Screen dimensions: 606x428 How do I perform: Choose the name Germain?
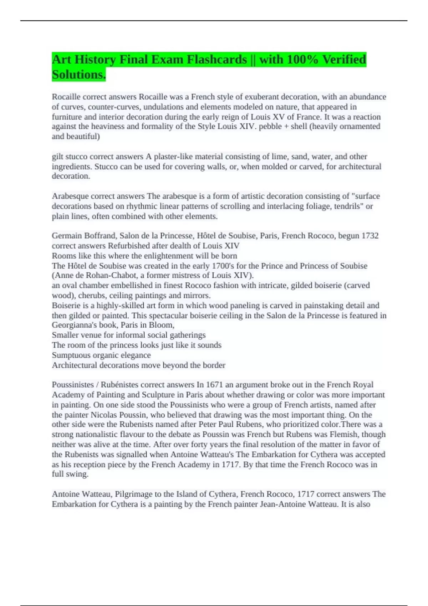tap(67, 236)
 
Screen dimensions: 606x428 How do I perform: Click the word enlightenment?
tap(169, 256)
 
